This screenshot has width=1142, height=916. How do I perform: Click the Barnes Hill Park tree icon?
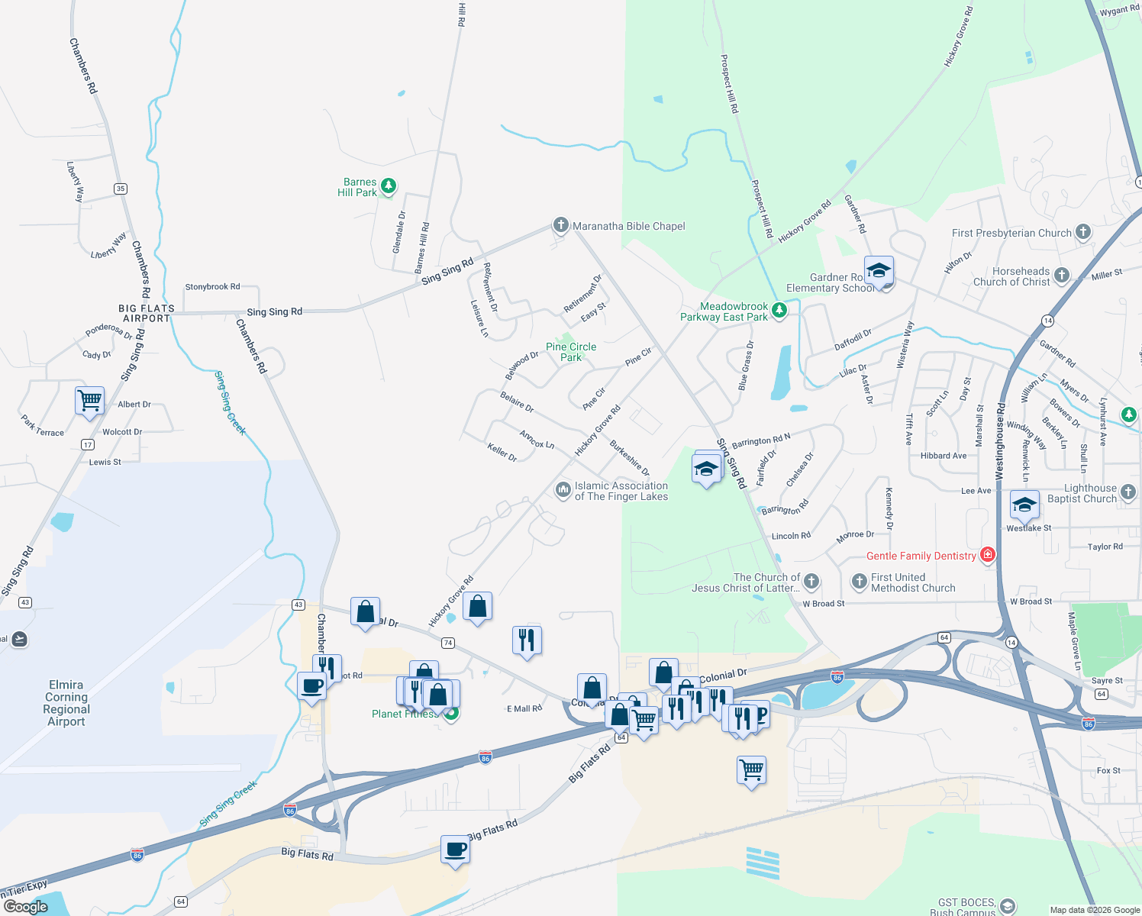(x=389, y=186)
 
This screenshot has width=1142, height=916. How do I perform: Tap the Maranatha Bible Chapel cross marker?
(x=561, y=225)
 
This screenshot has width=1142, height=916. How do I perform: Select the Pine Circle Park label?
(x=571, y=352)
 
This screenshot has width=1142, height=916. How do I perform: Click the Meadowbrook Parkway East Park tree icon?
(x=779, y=311)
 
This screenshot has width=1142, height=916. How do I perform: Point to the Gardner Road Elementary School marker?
(x=879, y=272)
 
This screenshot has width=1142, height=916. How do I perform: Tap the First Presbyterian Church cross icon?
(x=1082, y=232)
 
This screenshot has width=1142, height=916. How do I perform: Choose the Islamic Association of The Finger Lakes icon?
(x=563, y=490)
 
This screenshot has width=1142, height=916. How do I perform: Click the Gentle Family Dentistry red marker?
(x=987, y=555)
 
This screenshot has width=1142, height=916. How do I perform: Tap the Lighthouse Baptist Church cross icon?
(x=1128, y=492)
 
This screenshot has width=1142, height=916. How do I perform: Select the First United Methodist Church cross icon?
(x=860, y=582)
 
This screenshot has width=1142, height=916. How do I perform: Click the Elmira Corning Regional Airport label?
(x=66, y=703)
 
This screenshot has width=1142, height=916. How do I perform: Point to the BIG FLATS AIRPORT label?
(x=147, y=313)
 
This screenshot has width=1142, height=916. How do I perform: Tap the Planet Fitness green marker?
(x=451, y=714)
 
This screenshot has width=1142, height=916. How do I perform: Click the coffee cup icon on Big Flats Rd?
(x=455, y=850)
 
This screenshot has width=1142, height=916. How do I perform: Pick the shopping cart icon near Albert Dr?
(x=89, y=400)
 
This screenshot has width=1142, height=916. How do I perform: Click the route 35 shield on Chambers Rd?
(x=121, y=189)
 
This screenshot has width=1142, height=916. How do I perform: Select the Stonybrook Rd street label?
(x=212, y=287)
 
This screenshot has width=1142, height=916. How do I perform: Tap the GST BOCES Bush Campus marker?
(x=1007, y=906)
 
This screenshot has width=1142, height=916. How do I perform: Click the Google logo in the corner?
(x=26, y=907)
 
